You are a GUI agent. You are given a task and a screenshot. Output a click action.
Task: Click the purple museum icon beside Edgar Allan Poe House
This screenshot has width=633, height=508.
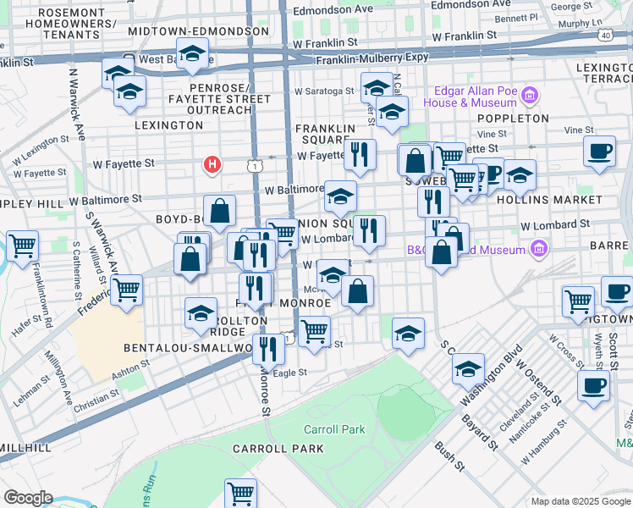pyautogui.click(x=531, y=94)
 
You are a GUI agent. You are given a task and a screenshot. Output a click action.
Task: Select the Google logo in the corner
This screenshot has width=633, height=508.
pyautogui.click(x=28, y=498)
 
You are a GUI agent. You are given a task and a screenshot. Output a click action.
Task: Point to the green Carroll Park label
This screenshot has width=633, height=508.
pyautogui.click(x=334, y=429)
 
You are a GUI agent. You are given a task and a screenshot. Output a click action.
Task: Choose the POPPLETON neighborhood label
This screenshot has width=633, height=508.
pyautogui.click(x=513, y=119)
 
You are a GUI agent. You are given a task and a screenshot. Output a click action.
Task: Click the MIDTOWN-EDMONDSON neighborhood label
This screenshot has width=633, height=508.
pyautogui.click(x=198, y=31)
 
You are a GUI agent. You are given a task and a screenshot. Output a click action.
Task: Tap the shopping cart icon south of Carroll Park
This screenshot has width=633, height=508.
pyautogui.click(x=241, y=492)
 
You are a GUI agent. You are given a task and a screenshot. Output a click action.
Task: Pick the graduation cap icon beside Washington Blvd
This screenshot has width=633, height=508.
pyautogui.click(x=468, y=368)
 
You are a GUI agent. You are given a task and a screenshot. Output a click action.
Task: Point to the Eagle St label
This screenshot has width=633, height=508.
pyautogui.click(x=289, y=372)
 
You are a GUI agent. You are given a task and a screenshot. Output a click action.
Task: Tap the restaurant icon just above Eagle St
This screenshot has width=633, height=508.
pyautogui.click(x=268, y=347)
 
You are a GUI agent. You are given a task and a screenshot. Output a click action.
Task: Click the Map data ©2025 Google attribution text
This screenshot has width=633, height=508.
pyautogui.click(x=580, y=501)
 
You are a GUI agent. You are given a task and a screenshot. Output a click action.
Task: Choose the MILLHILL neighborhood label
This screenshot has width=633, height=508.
pyautogui.click(x=25, y=447)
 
